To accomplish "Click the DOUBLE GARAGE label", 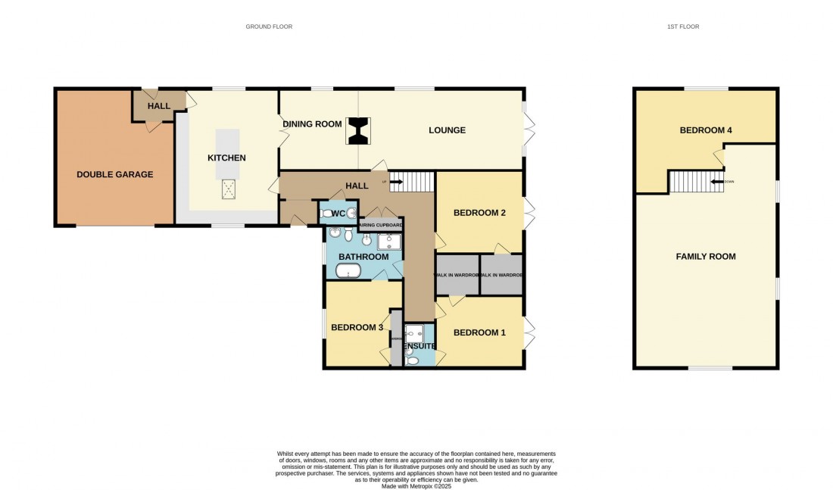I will click(114, 174).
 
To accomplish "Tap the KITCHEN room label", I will click(227, 158).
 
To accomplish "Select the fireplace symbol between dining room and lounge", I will click(357, 130).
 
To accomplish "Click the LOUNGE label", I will click(447, 130).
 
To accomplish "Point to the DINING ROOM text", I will click(313, 124).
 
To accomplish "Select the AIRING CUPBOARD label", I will click(380, 225).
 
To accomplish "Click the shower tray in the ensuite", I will click(414, 332).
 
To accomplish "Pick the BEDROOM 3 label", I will click(357, 327).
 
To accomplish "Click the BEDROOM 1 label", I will click(479, 332).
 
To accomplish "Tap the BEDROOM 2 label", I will click(479, 213).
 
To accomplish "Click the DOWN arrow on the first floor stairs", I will click(715, 182).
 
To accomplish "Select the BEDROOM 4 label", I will click(705, 130).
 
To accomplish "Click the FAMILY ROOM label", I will click(705, 257).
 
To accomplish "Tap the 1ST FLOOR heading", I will click(682, 27).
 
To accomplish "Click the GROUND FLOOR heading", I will click(269, 27).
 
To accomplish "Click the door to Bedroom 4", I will click(719, 158).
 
